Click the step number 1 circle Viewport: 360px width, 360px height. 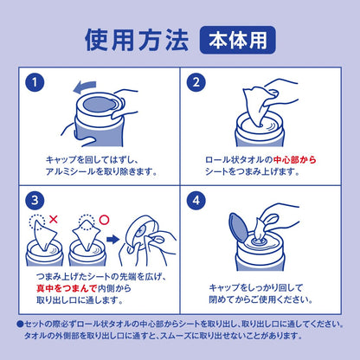tap(35, 82)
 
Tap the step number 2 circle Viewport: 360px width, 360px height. tap(196, 82)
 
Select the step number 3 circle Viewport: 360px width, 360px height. tap(35, 200)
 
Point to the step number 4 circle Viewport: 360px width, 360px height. tap(196, 200)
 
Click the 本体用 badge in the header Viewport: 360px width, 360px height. tap(238, 40)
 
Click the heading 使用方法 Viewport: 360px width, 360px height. tap(137, 40)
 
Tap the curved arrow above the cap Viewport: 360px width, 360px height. tap(84, 87)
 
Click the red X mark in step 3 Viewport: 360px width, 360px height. tap(54, 220)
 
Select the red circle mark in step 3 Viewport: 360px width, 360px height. tap(105, 220)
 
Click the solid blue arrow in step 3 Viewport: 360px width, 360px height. tap(112, 240)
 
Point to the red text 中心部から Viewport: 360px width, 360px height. tap(294, 160)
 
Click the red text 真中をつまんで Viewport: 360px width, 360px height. tap(67, 288)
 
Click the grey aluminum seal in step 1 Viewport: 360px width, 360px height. tap(98, 105)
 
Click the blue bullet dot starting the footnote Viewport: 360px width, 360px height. tap(20, 325)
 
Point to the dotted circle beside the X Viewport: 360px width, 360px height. tap(37, 222)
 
